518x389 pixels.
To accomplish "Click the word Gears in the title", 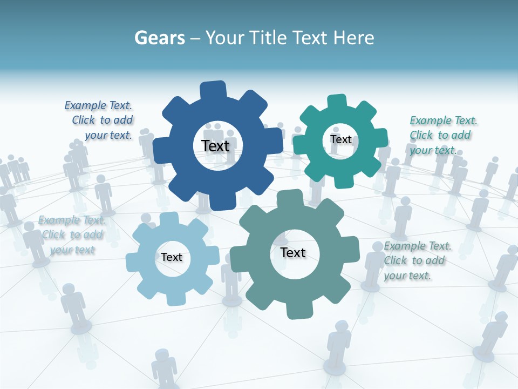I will click(159, 38).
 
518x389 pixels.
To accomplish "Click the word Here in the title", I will click(353, 38).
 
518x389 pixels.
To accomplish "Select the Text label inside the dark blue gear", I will click(215, 146).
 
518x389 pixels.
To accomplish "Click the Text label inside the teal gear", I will click(340, 139).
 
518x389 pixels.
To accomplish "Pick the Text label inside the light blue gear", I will click(172, 257).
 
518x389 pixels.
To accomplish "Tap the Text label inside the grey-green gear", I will click(293, 252).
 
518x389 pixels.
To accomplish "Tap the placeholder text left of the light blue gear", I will click(72, 235).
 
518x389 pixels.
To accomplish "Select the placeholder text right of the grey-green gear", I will click(415, 260).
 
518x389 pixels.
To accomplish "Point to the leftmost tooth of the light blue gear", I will click(133, 262).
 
